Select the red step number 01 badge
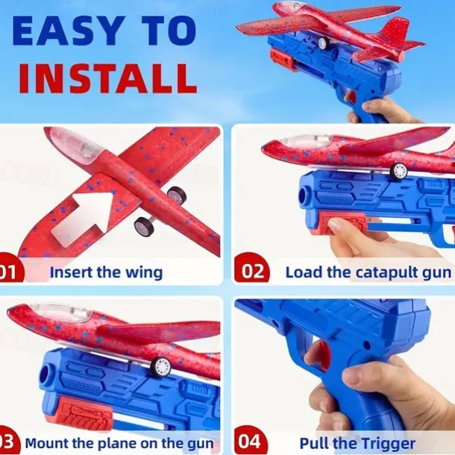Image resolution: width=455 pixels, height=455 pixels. tap(9, 272)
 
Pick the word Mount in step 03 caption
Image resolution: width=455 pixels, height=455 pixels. tap(47, 442)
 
